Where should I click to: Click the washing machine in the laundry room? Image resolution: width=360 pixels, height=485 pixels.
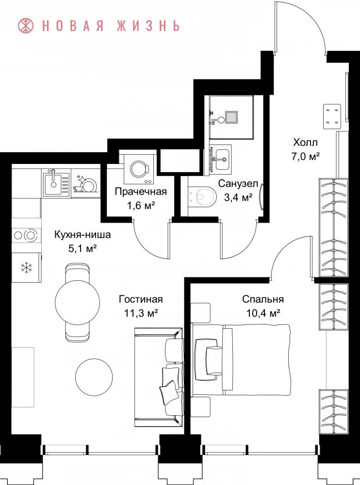(x=139, y=169)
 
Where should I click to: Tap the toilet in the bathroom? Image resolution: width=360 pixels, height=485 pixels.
(x=202, y=197)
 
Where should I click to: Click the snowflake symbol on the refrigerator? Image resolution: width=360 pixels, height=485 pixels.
(x=26, y=267)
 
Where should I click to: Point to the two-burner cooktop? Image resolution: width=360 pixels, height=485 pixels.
(x=26, y=236)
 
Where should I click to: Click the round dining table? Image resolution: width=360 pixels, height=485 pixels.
(x=78, y=302)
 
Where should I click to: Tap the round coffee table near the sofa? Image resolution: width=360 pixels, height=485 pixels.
(x=94, y=377)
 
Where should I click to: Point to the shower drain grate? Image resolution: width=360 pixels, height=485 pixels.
(x=231, y=117)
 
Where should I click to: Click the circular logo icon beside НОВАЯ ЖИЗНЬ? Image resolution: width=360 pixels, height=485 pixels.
(x=26, y=26)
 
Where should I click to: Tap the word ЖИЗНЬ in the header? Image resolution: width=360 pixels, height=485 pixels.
(x=148, y=26)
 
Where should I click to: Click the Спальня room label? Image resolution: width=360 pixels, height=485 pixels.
(x=263, y=299)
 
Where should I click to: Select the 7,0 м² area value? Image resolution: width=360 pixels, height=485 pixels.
(x=305, y=157)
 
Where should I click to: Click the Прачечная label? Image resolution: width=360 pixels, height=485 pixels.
(x=141, y=192)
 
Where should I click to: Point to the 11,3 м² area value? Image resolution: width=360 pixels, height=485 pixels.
(x=141, y=313)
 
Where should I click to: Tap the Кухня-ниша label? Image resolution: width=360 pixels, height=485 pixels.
(x=82, y=234)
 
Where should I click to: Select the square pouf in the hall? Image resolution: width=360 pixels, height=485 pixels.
(x=332, y=116)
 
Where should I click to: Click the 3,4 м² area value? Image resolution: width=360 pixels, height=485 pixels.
(x=238, y=197)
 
